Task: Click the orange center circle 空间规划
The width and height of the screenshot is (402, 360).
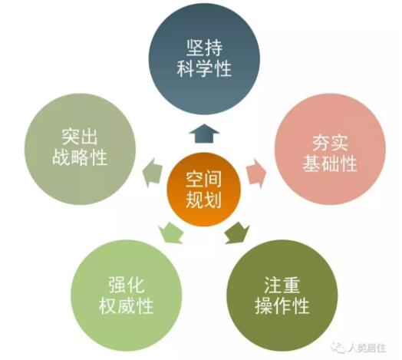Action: coord(204,190)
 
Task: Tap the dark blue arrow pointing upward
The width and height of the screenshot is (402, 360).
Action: coord(204,134)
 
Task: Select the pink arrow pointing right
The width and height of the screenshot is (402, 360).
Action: coord(256,173)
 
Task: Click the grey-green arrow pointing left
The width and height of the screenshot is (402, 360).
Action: coord(153,173)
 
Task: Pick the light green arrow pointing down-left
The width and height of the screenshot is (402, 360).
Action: coord(170,233)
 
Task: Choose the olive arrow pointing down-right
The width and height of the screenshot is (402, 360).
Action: coord(237,233)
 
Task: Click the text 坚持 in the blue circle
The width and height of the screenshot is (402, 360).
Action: coord(204,48)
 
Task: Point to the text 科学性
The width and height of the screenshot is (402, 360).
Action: coord(204,68)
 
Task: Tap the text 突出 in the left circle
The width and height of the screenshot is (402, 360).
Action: coord(80,137)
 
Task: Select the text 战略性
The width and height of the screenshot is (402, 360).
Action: coord(80,157)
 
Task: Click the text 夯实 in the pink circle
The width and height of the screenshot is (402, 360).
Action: coord(330,143)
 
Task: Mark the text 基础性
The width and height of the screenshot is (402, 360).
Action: coord(330,163)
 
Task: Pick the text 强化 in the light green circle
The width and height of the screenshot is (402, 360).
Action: coord(126,285)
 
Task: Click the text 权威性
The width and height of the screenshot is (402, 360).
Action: coord(126,306)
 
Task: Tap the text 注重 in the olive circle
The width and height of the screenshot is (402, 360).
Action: coord(282,285)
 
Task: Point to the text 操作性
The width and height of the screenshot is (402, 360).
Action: coord(282,306)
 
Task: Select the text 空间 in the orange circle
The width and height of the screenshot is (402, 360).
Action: coord(203,180)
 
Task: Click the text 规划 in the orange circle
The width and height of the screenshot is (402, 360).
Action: coord(203,200)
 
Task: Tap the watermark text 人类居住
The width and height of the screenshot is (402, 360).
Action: coord(367,348)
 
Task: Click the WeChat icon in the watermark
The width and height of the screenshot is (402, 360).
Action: coord(338,348)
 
